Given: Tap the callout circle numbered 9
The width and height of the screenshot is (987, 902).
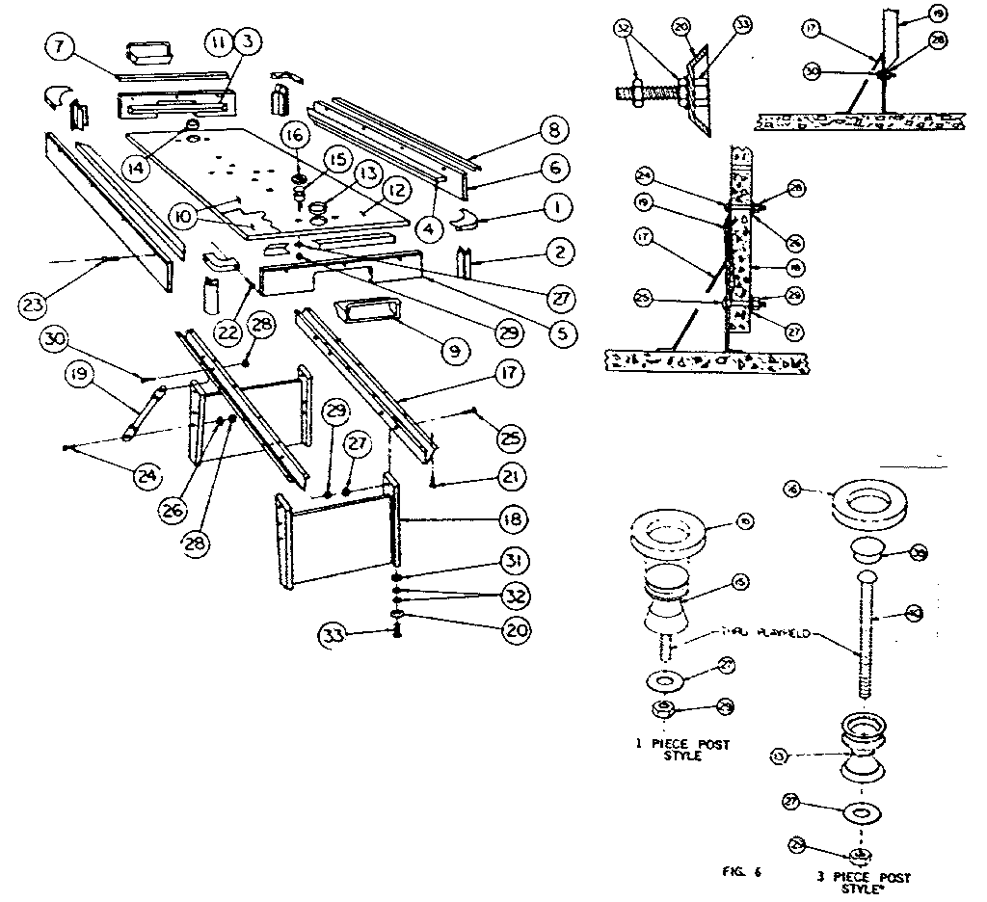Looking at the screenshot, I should [x=451, y=352].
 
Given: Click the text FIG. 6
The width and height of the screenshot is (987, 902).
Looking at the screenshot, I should [x=742, y=874].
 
